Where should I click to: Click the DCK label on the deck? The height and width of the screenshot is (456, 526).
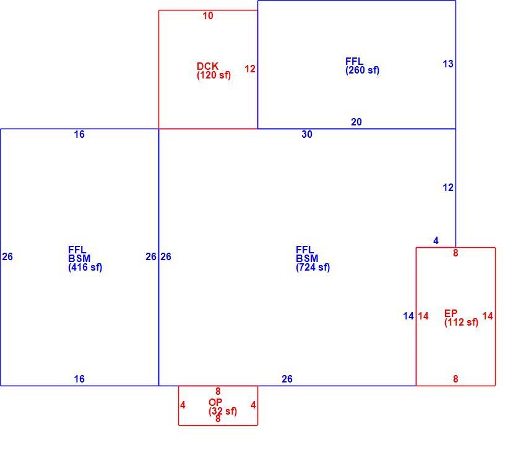[208, 66]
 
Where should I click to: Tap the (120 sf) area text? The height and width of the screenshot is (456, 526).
[213, 75]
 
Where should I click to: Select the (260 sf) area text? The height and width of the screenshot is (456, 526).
[362, 70]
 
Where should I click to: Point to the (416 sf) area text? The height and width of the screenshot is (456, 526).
[85, 268]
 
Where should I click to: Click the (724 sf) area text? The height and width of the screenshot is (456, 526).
[313, 268]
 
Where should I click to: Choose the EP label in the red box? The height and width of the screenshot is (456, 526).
[451, 313]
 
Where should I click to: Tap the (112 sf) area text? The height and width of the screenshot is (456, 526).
[461, 323]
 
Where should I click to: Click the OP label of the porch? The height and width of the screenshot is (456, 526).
[215, 402]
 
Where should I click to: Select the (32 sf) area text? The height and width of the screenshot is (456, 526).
[223, 411]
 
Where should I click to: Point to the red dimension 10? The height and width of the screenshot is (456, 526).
[208, 15]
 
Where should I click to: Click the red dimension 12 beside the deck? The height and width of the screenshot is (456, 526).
[250, 69]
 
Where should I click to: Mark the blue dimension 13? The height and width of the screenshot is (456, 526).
[448, 64]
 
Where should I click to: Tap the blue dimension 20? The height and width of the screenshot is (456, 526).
[356, 122]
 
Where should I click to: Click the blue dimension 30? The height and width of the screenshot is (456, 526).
[307, 134]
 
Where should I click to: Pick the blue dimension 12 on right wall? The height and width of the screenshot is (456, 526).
[448, 188]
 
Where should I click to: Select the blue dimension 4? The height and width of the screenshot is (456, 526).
[436, 240]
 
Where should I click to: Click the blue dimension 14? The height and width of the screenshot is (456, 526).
[408, 316]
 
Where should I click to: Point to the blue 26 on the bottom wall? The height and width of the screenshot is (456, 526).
[287, 379]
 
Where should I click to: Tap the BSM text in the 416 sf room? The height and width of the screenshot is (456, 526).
[79, 258]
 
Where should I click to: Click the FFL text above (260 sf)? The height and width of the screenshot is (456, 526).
[354, 61]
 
